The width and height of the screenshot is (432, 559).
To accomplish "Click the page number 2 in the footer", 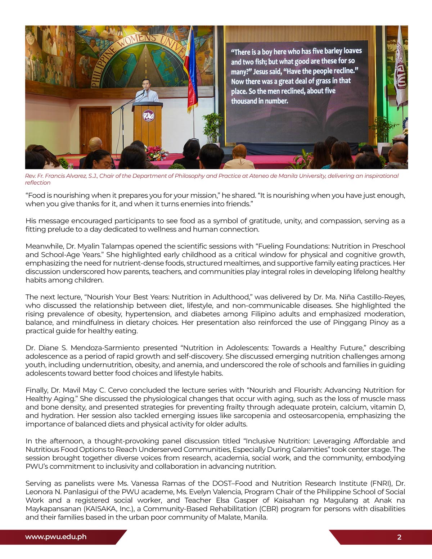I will click(399, 537).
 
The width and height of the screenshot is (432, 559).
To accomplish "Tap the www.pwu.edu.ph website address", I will click(56, 537).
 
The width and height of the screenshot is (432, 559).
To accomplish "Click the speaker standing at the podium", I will click(146, 91).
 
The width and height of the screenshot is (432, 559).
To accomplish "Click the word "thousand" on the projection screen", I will click(245, 101).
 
